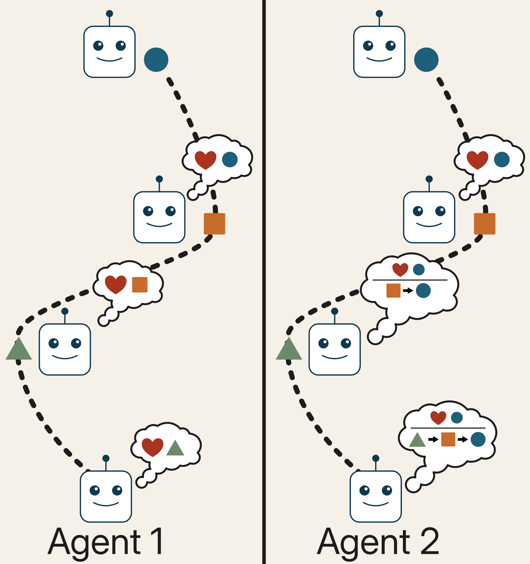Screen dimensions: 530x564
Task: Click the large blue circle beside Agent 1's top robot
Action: tap(156, 60)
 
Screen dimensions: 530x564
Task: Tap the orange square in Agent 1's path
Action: tap(214, 224)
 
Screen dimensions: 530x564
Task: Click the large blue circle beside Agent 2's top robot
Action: tap(426, 60)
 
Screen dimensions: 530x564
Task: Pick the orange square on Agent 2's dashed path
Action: tap(485, 224)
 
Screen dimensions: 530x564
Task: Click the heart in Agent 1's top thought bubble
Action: tap(205, 160)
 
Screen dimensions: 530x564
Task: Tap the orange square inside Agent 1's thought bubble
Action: tap(140, 285)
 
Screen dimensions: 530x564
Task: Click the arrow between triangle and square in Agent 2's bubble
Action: tap(433, 439)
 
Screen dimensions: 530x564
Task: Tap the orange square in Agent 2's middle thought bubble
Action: tap(393, 290)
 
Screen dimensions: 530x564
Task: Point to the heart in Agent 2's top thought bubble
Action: tap(477, 160)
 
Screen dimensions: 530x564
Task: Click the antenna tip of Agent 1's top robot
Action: tap(109, 13)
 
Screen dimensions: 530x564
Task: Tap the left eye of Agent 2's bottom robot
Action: tap(364, 490)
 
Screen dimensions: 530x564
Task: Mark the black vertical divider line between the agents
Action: tap(264, 281)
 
